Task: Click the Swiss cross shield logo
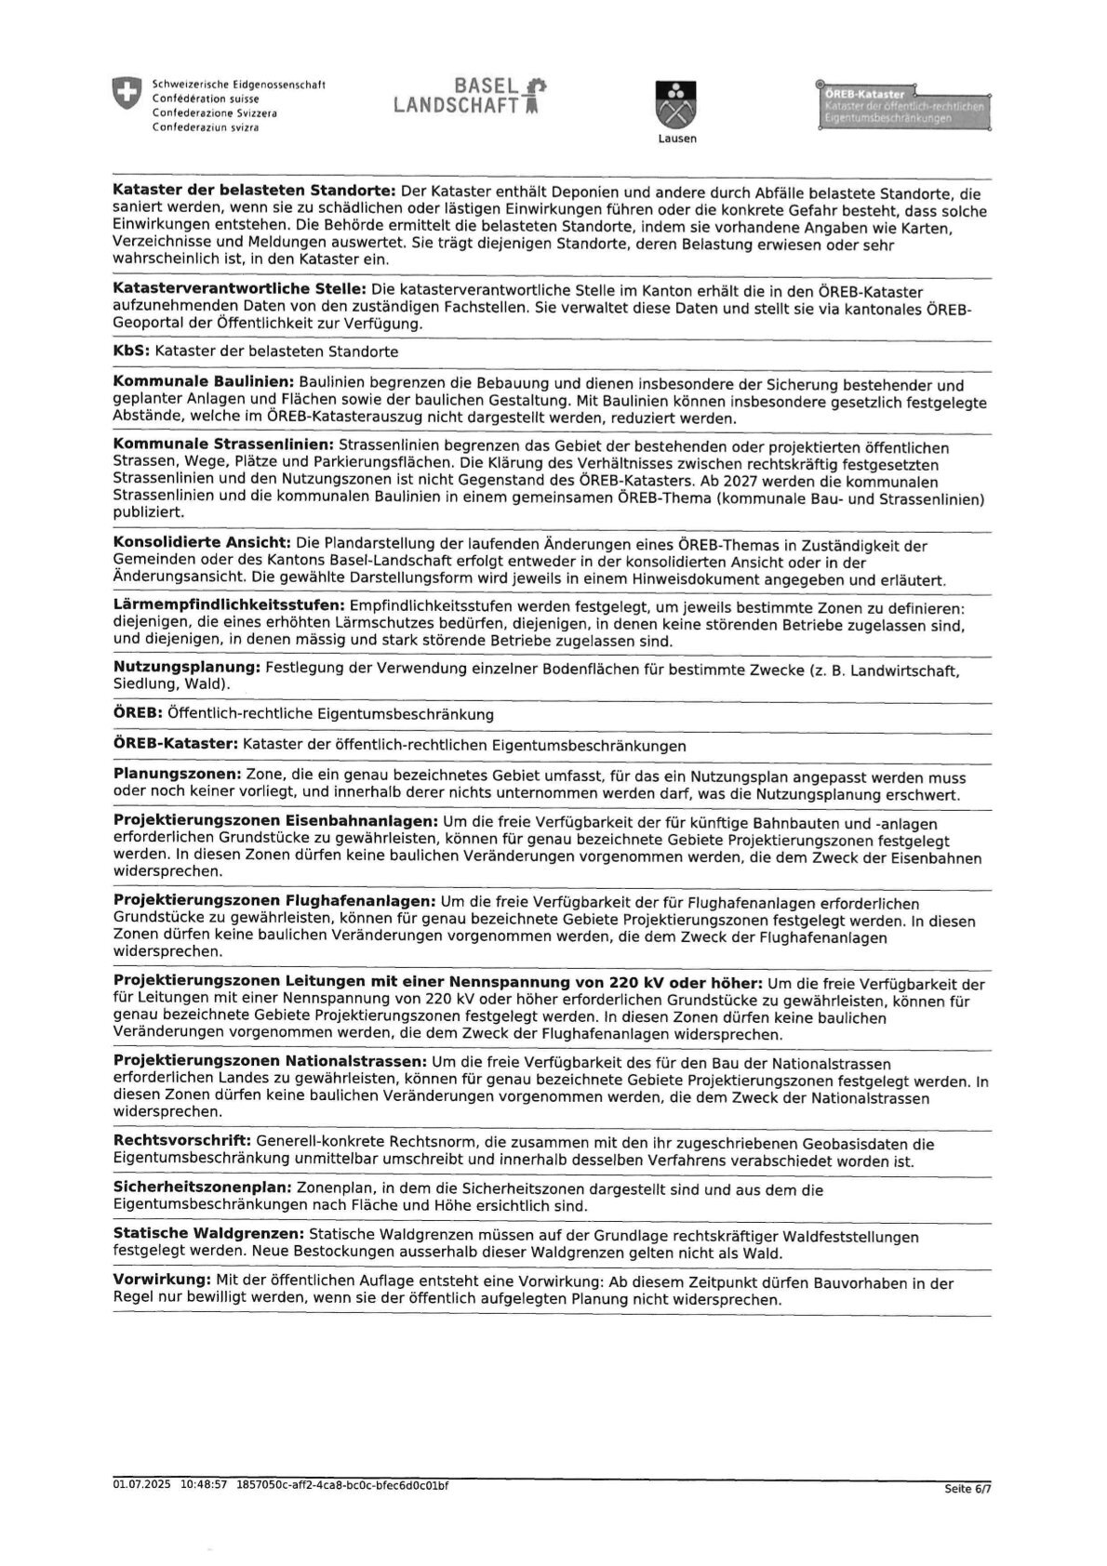(125, 93)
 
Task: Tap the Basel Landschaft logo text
(466, 96)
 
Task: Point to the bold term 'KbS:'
(131, 352)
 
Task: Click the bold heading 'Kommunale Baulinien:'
(204, 383)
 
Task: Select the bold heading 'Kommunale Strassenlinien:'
(222, 445)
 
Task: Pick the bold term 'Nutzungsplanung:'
(187, 668)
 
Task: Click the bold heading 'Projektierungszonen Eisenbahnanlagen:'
(275, 823)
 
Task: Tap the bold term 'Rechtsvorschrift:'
(181, 1142)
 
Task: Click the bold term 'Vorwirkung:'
(162, 1282)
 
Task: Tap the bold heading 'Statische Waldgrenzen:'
(208, 1235)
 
